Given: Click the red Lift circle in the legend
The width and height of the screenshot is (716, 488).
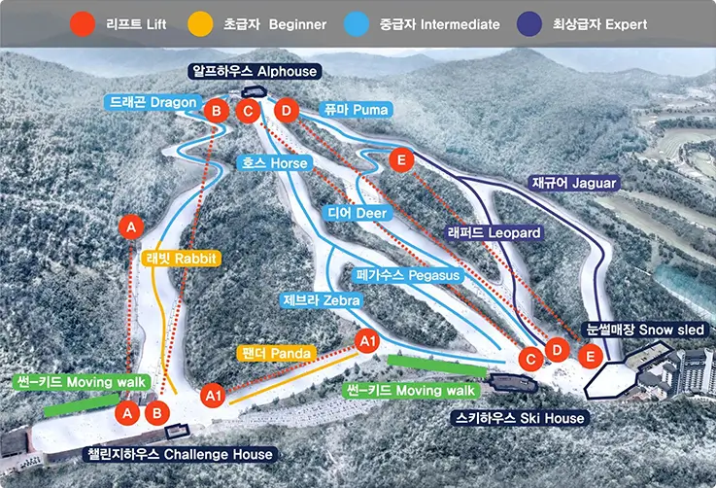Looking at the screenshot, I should (85, 24).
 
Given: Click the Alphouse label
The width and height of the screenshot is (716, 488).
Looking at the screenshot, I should (256, 72).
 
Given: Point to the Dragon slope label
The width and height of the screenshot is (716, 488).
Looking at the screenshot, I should (153, 102).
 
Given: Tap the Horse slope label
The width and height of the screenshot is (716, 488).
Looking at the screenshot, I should (275, 163).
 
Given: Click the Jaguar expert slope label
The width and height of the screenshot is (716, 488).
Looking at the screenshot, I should (574, 183).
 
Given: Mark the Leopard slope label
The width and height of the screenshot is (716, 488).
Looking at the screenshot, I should (494, 233).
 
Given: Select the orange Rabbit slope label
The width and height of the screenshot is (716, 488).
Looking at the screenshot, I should (180, 259).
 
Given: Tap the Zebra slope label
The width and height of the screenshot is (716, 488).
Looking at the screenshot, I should (321, 300).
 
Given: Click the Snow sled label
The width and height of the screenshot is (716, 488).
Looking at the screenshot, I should (645, 331).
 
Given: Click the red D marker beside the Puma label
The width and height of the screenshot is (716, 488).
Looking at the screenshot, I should (285, 111).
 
